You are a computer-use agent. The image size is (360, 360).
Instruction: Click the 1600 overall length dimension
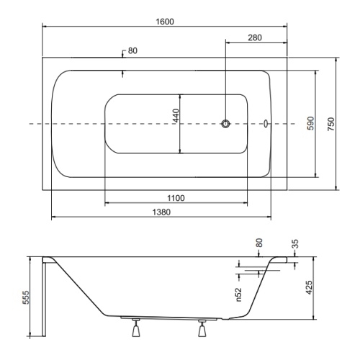(x=165, y=22)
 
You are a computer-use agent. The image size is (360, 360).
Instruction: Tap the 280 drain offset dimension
(x=255, y=37)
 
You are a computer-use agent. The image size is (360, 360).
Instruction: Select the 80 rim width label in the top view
(x=132, y=51)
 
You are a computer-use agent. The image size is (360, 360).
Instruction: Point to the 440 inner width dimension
(x=176, y=115)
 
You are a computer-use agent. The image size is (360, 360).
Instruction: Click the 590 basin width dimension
(x=311, y=123)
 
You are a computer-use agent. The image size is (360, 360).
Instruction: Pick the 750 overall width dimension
(x=331, y=124)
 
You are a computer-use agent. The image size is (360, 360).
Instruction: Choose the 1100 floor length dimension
(x=176, y=198)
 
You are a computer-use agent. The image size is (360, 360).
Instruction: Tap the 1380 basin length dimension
(x=161, y=212)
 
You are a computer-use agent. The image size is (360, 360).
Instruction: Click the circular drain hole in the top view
(x=225, y=124)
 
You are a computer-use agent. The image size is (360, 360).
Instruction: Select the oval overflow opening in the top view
(x=266, y=124)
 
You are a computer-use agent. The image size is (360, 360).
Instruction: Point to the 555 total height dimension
(x=26, y=297)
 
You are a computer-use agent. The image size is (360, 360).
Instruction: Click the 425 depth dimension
(x=309, y=287)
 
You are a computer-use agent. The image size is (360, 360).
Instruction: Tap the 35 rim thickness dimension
(x=295, y=243)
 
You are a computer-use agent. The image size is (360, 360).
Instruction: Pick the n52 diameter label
(x=238, y=294)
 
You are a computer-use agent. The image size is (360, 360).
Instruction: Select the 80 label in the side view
(x=259, y=243)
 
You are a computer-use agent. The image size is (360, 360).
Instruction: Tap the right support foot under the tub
(x=202, y=328)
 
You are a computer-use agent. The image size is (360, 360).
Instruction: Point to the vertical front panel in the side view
(x=44, y=300)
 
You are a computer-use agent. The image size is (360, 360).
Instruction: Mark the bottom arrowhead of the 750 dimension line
(x=336, y=188)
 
